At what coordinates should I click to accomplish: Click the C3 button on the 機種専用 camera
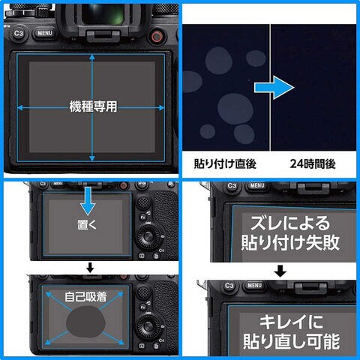pyautogui.click(x=19, y=34)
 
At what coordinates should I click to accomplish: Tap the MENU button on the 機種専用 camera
pyautogui.click(x=45, y=33)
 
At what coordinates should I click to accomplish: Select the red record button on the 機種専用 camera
pyautogui.click(x=157, y=37)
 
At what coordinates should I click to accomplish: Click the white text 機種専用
pyautogui.click(x=93, y=106)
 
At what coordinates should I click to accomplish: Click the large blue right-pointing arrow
pyautogui.click(x=274, y=88)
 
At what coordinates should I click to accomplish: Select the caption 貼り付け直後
pyautogui.click(x=225, y=163)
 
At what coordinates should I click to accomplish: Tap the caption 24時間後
pyautogui.click(x=313, y=163)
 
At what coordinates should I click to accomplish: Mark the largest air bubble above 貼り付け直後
pyautogui.click(x=235, y=109)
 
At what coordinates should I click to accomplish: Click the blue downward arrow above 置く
pyautogui.click(x=88, y=201)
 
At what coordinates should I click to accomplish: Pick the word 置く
pyautogui.click(x=87, y=224)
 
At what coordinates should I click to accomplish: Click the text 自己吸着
pyautogui.click(x=85, y=297)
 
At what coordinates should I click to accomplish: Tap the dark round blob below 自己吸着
pyautogui.click(x=85, y=322)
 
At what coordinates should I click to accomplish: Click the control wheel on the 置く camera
pyautogui.click(x=148, y=236)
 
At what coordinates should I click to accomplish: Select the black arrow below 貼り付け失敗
pyautogui.click(x=280, y=271)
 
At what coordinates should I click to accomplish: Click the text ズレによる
pyautogui.click(x=290, y=223)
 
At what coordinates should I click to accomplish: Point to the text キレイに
pyautogui.click(x=291, y=322)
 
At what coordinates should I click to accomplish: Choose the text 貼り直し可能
pyautogui.click(x=291, y=341)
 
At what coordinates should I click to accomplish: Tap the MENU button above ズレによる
pyautogui.click(x=257, y=185)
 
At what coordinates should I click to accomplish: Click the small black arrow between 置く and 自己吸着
pyautogui.click(x=90, y=268)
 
